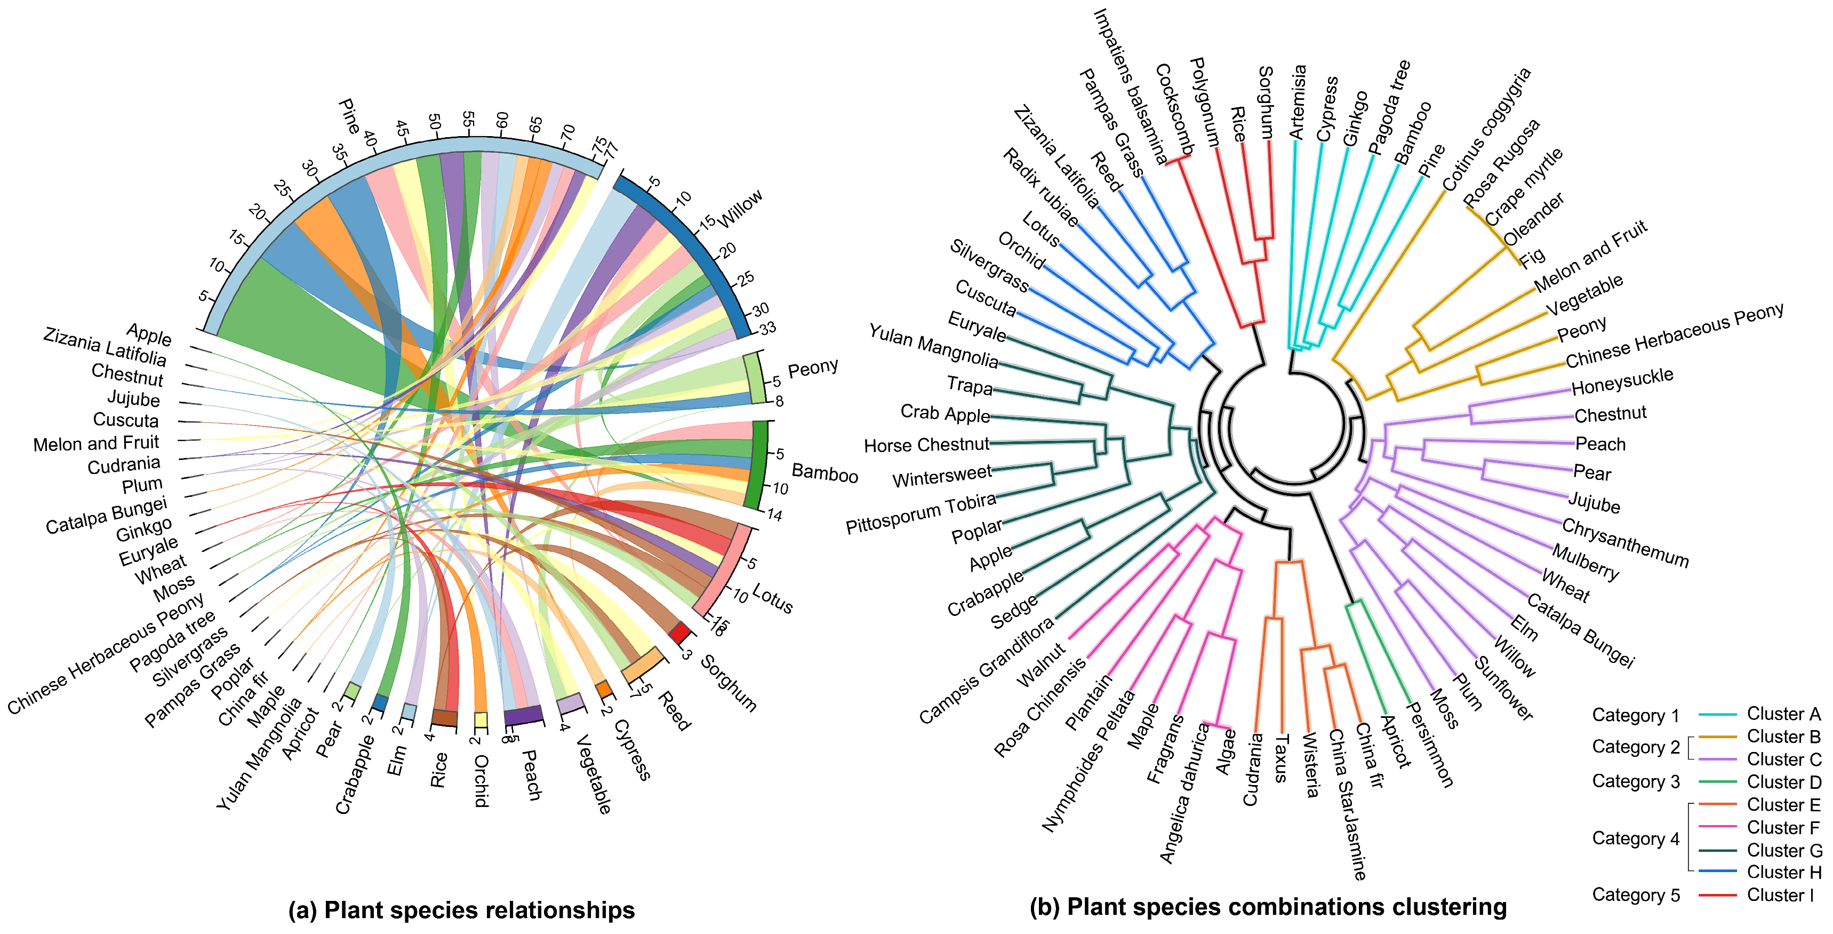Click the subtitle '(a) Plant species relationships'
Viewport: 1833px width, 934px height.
tap(461, 910)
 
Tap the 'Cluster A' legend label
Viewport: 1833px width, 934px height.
tap(1783, 714)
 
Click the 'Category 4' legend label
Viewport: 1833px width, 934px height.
tap(1635, 838)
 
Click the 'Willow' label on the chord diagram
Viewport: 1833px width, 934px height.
tap(741, 208)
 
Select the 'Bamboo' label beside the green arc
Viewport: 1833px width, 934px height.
tap(825, 473)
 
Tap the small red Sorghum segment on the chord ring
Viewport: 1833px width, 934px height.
tap(679, 632)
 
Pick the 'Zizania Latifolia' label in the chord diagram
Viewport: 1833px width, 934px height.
tap(105, 347)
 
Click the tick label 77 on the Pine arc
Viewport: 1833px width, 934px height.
tap(611, 150)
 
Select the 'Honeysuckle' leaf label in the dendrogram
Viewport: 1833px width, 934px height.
tap(1622, 382)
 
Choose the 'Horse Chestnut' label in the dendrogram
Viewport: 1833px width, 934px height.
tap(926, 445)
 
